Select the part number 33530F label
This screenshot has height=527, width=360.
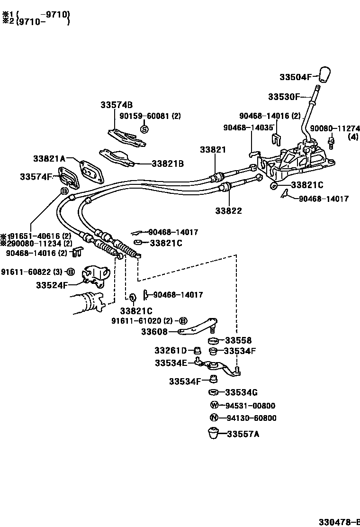tap(284, 97)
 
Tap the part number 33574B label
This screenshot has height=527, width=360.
tap(116, 105)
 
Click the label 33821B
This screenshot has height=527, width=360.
tap(168, 164)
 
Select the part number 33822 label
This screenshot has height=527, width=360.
tap(228, 210)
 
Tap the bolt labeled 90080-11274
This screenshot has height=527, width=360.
tap(332, 141)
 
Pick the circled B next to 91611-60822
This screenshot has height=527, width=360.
tap(70, 272)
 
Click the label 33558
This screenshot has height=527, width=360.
tap(238, 340)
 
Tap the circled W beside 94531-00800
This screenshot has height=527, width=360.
tap(214, 405)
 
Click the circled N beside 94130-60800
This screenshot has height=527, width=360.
tap(214, 418)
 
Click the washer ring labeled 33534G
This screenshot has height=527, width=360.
tap(214, 392)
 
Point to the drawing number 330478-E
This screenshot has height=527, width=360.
tap(338, 521)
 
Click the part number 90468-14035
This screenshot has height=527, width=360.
tap(249, 127)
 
